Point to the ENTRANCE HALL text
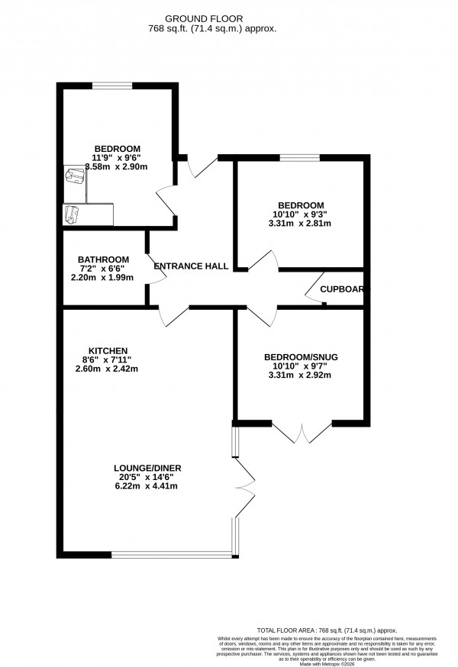[x=192, y=266]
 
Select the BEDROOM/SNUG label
[x=300, y=357]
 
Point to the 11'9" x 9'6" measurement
[x=117, y=157]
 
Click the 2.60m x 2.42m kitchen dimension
[x=107, y=369]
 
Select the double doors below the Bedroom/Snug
[x=302, y=433]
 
